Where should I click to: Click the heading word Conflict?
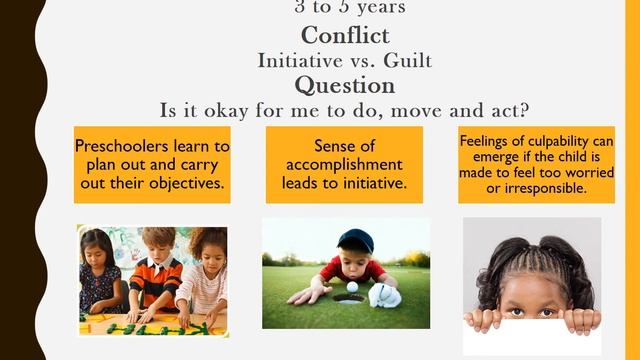344,36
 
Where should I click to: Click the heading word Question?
344,85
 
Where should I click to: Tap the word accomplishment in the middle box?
344,164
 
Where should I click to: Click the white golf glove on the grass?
385,296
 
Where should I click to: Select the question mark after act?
524,108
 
